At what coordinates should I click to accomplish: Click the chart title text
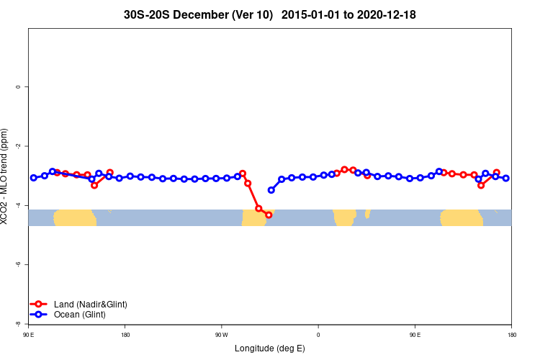269,14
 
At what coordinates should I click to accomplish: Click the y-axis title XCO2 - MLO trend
6,176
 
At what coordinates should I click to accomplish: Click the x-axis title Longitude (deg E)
269,348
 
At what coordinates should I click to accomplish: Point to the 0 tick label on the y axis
18,87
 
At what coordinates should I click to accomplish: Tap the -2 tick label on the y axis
17,146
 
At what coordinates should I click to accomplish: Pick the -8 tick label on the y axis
17,324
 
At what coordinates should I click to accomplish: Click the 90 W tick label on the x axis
221,335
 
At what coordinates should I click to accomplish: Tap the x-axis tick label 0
318,335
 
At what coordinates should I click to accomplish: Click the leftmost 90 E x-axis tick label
28,335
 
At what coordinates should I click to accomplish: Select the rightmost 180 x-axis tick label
511,335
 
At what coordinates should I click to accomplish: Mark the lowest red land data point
269,215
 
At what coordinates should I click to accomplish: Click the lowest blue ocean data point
271,190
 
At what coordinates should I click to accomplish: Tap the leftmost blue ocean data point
33,178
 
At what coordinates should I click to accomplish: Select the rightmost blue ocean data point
506,178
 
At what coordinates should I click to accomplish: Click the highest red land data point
344,169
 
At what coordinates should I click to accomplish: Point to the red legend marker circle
39,305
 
